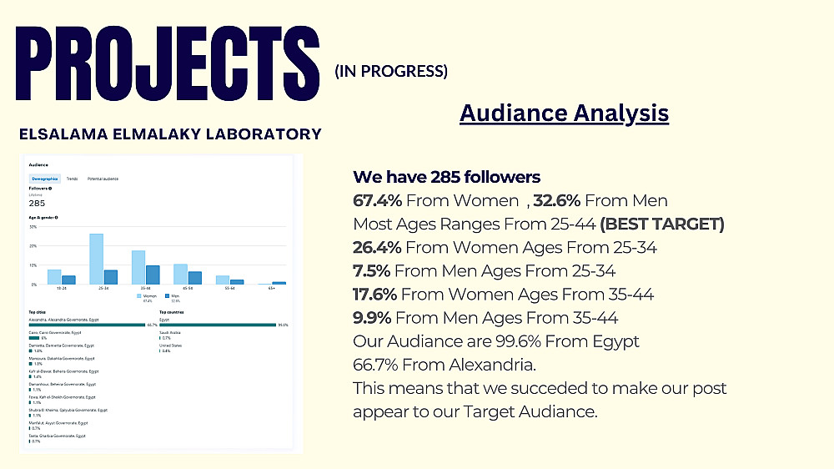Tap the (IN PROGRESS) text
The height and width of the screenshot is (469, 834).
pyautogui.click(x=391, y=72)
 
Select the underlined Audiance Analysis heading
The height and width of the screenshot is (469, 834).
pyautogui.click(x=564, y=113)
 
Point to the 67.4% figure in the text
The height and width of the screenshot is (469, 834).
pyautogui.click(x=378, y=200)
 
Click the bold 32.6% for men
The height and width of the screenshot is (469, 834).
pyautogui.click(x=557, y=200)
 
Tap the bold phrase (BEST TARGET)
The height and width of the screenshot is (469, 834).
pyautogui.click(x=662, y=224)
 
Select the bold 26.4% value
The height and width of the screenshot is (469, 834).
pyautogui.click(x=377, y=247)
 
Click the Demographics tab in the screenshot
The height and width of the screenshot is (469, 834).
pyautogui.click(x=44, y=179)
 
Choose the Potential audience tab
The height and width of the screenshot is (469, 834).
pyautogui.click(x=103, y=179)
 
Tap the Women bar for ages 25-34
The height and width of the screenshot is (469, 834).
pyautogui.click(x=96, y=259)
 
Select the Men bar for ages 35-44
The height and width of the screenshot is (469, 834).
pyautogui.click(x=153, y=275)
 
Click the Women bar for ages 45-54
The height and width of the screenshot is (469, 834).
pyautogui.click(x=180, y=274)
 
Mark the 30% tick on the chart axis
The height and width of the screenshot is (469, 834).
pyautogui.click(x=33, y=226)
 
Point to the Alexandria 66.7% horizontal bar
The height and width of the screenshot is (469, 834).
pyautogui.click(x=88, y=325)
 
